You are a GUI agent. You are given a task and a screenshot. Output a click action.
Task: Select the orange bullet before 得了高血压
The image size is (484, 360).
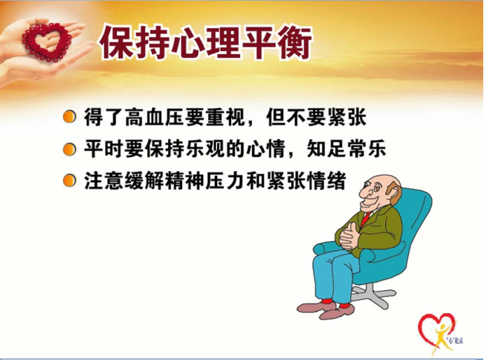[x=69, y=118]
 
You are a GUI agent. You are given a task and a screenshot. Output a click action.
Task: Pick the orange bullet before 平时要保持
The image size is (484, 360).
[x=69, y=150]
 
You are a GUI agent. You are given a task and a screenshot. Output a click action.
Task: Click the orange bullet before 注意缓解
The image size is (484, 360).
[x=69, y=181]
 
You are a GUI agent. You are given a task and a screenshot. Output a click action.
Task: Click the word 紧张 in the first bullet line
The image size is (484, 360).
[x=347, y=118]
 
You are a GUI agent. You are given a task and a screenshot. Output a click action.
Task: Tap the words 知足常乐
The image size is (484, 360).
[x=346, y=149]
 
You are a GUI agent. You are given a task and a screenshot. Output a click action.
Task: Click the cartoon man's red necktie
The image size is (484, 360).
[x=366, y=219]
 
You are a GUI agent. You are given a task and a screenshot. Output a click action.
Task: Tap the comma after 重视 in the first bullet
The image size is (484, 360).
[x=251, y=123]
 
